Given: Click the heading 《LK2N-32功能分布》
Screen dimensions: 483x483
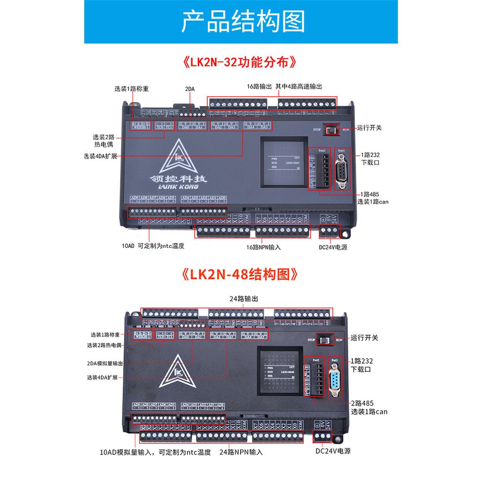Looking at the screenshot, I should (x=241, y=62).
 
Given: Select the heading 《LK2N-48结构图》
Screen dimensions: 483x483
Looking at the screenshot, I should (x=241, y=274).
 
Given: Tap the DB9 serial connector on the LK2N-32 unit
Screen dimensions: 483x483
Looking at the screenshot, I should (x=342, y=171).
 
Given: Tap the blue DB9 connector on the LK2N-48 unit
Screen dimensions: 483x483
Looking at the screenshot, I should (x=335, y=380).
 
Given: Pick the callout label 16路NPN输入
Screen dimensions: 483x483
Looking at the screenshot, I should (x=263, y=247).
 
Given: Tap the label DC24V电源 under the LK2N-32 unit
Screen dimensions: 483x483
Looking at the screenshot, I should (x=333, y=247).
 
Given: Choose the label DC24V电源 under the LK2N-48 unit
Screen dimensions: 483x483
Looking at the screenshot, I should (x=333, y=451).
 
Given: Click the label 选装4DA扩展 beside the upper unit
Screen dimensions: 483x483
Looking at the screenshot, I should (x=100, y=157).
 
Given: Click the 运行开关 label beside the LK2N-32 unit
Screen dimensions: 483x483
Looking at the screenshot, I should (x=369, y=128).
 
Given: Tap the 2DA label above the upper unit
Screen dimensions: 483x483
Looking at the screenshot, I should (x=190, y=89).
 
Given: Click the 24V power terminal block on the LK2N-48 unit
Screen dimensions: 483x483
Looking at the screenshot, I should (x=323, y=436).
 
